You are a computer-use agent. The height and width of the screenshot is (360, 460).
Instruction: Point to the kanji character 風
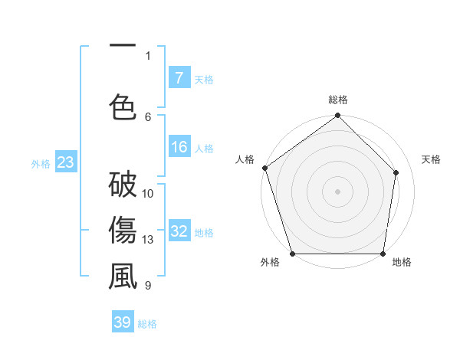[123, 277]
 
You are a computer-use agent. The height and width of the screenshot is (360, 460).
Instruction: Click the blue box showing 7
[179, 77]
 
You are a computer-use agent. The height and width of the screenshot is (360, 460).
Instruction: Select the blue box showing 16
[179, 148]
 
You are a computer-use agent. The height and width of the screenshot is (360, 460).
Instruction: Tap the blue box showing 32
[179, 231]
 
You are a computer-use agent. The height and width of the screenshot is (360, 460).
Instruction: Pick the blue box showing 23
[65, 162]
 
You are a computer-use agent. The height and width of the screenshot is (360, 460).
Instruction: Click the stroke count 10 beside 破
[148, 194]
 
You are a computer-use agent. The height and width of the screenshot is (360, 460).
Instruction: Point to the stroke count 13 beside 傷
[148, 240]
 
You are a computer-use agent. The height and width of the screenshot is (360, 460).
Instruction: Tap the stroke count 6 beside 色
[148, 116]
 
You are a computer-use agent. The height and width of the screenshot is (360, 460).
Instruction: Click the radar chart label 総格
[338, 100]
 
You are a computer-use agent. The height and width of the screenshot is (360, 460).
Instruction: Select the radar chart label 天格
[432, 159]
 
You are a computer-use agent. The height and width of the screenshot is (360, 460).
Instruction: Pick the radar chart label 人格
[245, 159]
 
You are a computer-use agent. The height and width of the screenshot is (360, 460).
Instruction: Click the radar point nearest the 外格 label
[292, 254]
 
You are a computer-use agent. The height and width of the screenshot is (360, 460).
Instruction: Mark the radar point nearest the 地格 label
[383, 254]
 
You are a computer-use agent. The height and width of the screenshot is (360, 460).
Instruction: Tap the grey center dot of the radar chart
[338, 191]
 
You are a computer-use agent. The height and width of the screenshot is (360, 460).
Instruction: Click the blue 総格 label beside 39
[147, 324]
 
